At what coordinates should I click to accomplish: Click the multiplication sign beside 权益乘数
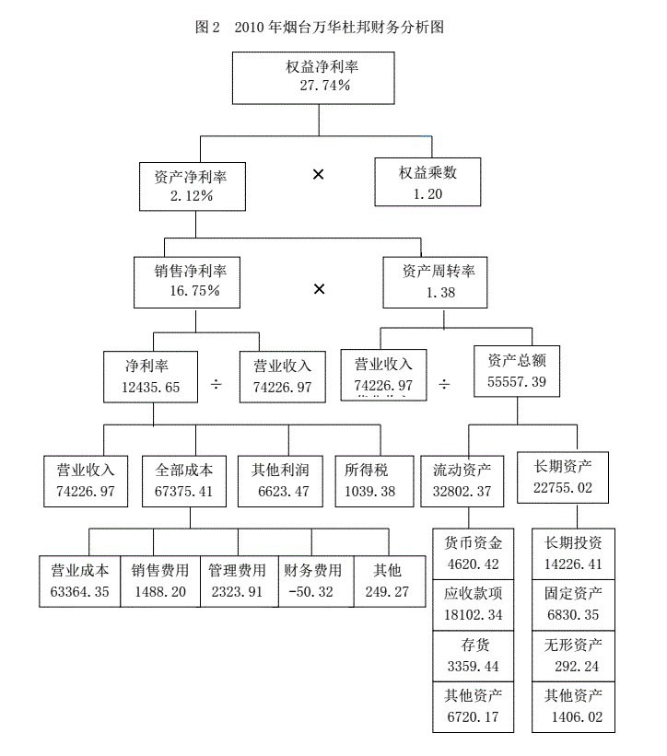(x=318, y=174)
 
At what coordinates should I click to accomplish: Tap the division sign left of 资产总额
(x=444, y=384)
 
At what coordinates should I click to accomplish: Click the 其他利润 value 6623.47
(x=280, y=491)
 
